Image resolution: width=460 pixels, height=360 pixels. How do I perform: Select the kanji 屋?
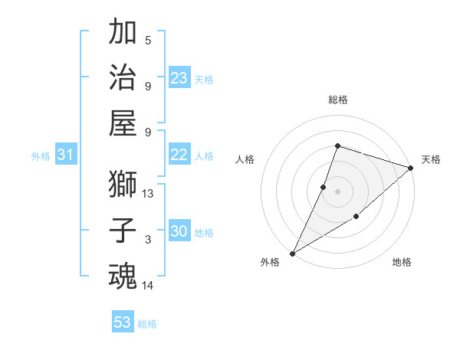pyautogui.click(x=123, y=123)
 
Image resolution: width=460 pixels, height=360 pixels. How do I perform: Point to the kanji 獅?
pyautogui.click(x=123, y=185)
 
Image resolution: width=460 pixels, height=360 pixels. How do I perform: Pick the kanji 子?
pyautogui.click(x=123, y=231)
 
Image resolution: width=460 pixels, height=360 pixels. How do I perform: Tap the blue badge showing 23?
pyautogui.click(x=179, y=78)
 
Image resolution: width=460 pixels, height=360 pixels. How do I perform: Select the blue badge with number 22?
pyautogui.click(x=179, y=155)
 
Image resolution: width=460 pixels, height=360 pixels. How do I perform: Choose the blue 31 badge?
pyautogui.click(x=65, y=155)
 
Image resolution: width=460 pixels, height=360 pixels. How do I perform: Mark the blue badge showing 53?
pyautogui.click(x=123, y=322)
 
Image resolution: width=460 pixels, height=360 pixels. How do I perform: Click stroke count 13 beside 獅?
pyautogui.click(x=148, y=194)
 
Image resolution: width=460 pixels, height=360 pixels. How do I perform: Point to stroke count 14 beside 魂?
pyautogui.click(x=148, y=285)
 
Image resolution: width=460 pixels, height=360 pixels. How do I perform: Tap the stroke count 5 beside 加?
pyautogui.click(x=148, y=40)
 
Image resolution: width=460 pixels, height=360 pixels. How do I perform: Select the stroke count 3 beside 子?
pyautogui.click(x=148, y=240)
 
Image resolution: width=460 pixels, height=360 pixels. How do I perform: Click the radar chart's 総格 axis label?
pyautogui.click(x=337, y=100)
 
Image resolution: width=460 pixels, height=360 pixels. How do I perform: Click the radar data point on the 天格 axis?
pyautogui.click(x=411, y=168)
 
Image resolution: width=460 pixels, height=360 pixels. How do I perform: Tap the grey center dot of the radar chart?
pyautogui.click(x=337, y=191)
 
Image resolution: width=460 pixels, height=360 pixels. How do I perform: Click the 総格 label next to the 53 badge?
pyautogui.click(x=147, y=324)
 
